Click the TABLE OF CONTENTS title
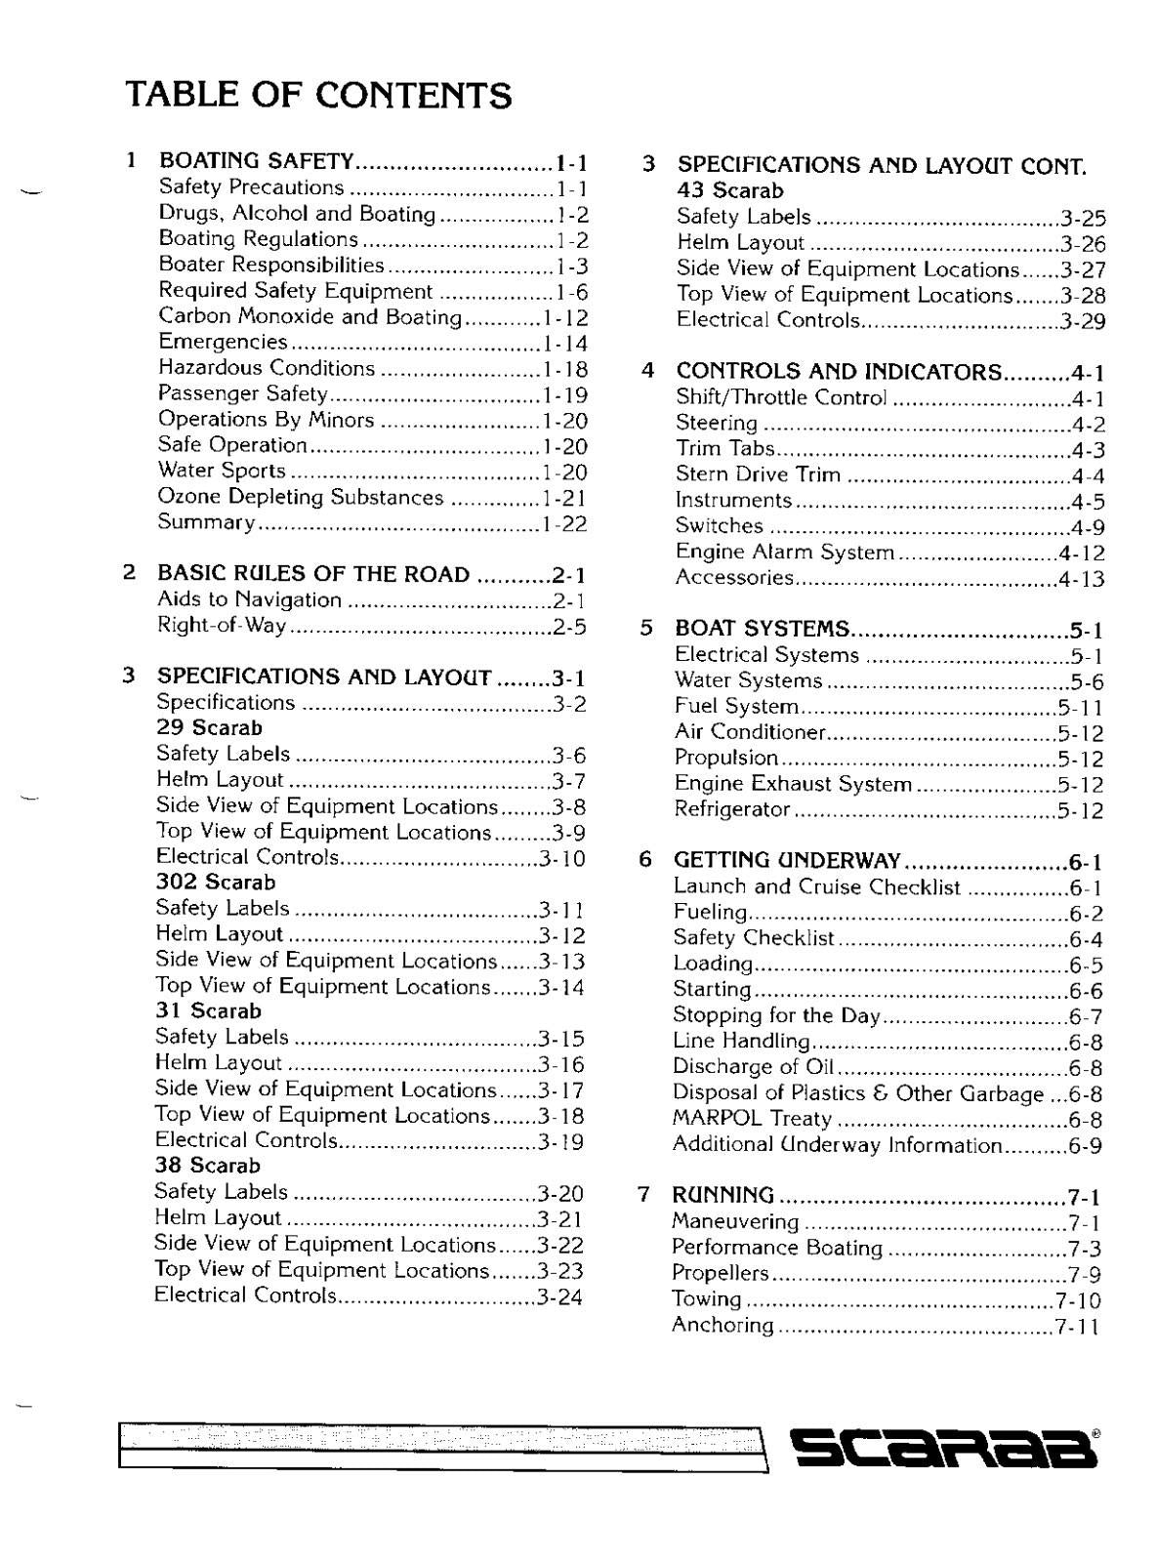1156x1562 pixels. (x=318, y=96)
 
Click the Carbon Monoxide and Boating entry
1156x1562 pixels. (x=310, y=316)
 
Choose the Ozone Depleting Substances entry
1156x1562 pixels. (x=301, y=497)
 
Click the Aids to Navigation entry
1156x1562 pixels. (x=249, y=599)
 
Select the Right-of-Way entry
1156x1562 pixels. (x=222, y=626)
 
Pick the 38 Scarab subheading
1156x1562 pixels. (x=207, y=1166)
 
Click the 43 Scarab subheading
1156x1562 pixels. (x=730, y=190)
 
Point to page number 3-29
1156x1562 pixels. (x=1083, y=321)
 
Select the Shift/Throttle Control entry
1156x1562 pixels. (x=781, y=397)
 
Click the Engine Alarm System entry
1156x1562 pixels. (x=784, y=553)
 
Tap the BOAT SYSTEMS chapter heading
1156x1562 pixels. (x=763, y=628)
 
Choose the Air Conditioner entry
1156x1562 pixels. (x=751, y=732)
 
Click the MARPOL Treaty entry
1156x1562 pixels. (x=752, y=1119)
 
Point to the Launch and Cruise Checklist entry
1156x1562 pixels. (x=816, y=887)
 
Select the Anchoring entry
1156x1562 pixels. (x=722, y=1326)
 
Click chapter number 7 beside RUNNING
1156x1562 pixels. (x=643, y=1195)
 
